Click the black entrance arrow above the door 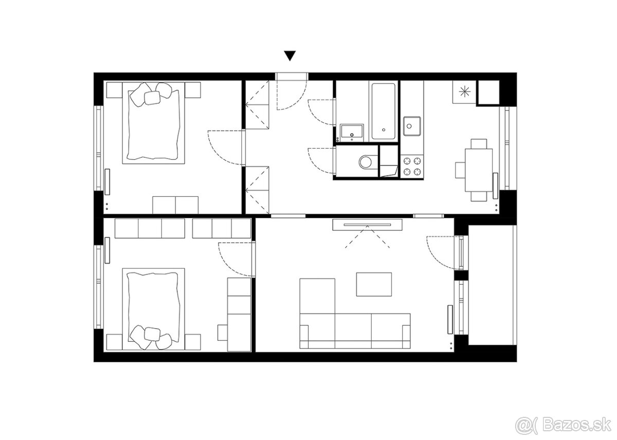pyautogui.click(x=290, y=56)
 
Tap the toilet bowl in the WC pyautogui.click(x=366, y=161)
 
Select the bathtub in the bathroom pyautogui.click(x=384, y=111)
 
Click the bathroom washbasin pyautogui.click(x=352, y=133)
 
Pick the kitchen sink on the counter pyautogui.click(x=412, y=126)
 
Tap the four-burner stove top pyautogui.click(x=412, y=167)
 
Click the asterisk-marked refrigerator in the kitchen pyautogui.click(x=464, y=92)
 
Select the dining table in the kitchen pyautogui.click(x=479, y=170)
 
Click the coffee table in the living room pyautogui.click(x=374, y=284)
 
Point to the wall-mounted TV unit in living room pyautogui.click(x=367, y=225)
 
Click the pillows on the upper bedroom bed pyautogui.click(x=151, y=95)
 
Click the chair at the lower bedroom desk pyautogui.click(x=223, y=333)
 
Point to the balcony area pyautogui.click(x=492, y=285)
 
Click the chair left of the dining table pyautogui.click(x=460, y=170)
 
